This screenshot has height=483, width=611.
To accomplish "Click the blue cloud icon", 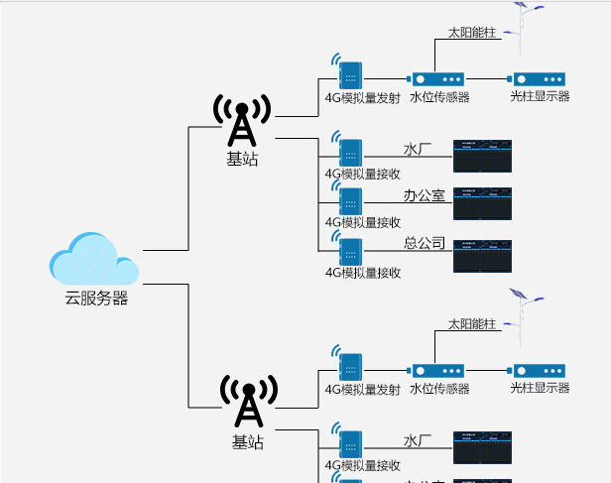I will point(94,259).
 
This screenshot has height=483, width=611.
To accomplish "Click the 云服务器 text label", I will point(96,298).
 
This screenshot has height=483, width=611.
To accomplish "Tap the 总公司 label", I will point(424,244).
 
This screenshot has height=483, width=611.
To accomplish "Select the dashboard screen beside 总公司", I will point(482,256).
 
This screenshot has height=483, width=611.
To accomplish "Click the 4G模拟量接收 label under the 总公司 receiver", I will point(362,273).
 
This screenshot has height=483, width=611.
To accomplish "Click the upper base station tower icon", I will point(242,121).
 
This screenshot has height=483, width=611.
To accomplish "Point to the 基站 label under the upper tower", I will point(242,159).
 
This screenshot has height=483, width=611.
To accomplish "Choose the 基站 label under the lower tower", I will point(248,442).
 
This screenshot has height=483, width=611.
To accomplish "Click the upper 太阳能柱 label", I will point(471,33).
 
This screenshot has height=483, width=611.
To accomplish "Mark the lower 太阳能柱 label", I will point(471,324).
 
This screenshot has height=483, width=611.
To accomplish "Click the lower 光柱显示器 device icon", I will point(538,369).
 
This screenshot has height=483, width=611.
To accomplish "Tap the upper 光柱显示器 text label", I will point(540,97).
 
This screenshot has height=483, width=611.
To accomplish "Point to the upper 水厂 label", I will point(418,150).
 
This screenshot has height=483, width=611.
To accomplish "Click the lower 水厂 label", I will point(418,440).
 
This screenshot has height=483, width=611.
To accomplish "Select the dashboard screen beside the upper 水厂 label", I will point(482,157).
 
